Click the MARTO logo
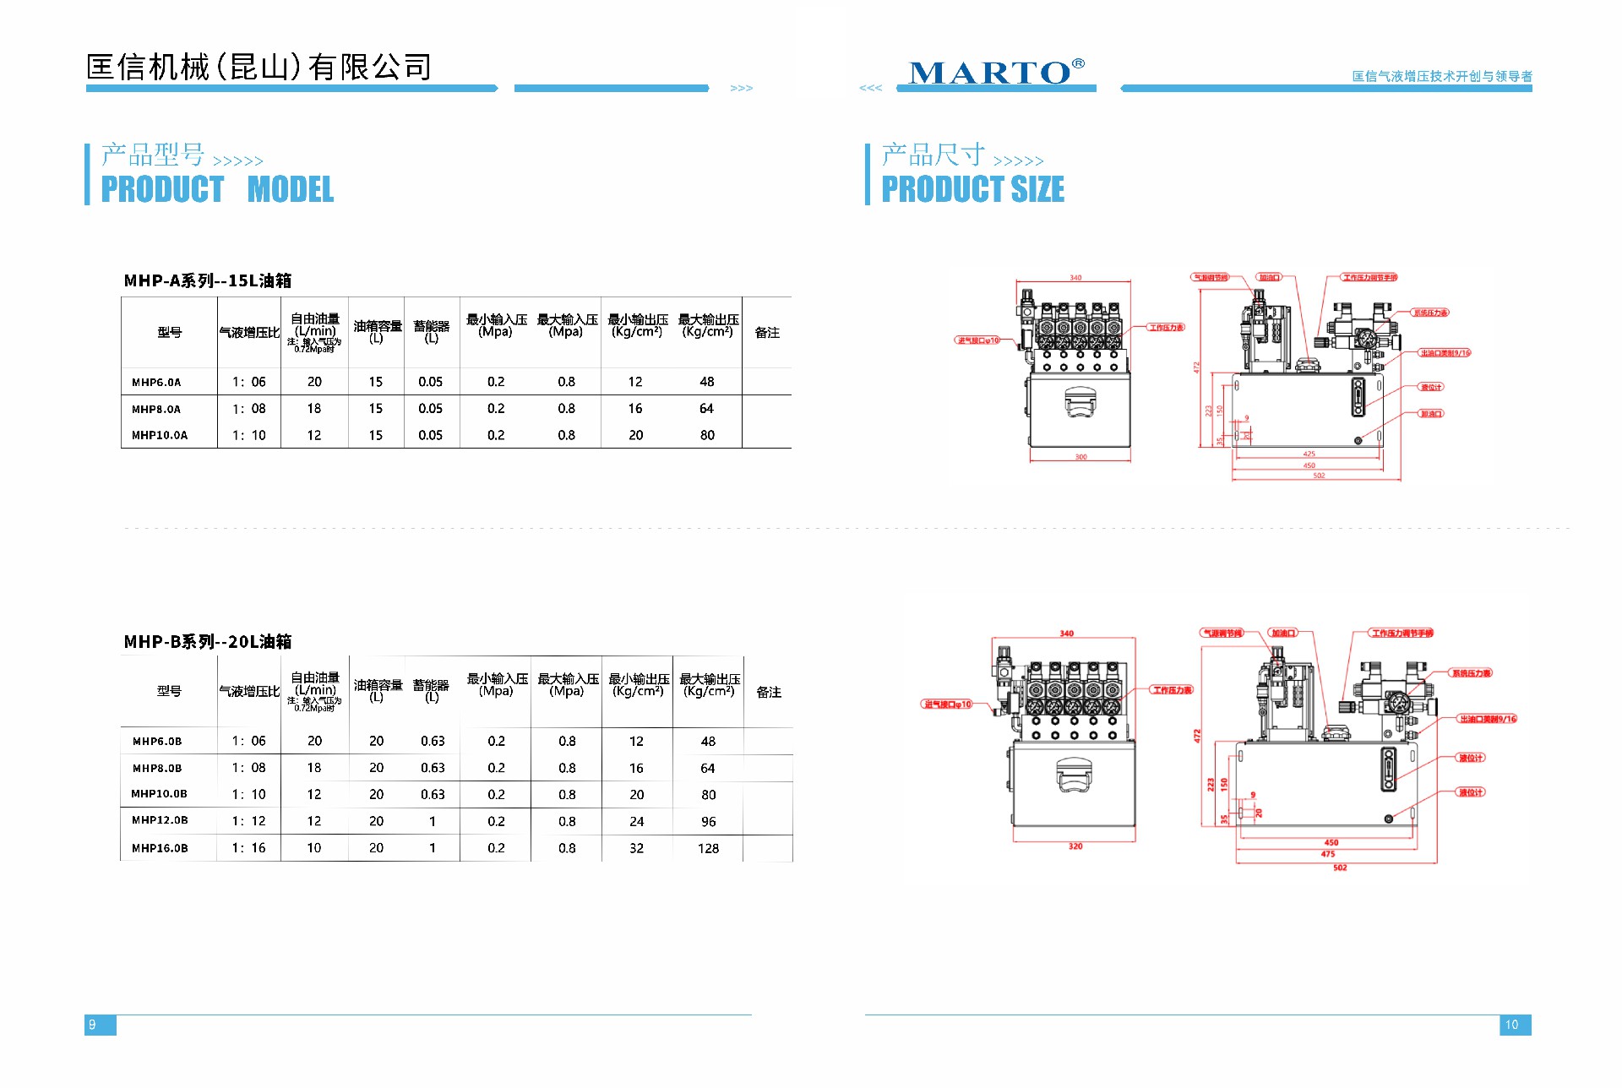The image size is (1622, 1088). click(x=995, y=73)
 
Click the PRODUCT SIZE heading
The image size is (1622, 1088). click(x=972, y=189)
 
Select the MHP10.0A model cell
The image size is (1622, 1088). click(x=160, y=435)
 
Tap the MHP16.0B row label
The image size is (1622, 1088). click(x=160, y=848)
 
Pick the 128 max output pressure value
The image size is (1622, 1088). click(x=708, y=848)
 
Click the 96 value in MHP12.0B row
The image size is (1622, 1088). click(x=708, y=821)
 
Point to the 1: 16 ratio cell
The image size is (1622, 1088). click(x=249, y=848)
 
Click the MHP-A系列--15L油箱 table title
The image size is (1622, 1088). click(x=208, y=280)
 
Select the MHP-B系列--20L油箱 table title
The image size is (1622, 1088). click(x=208, y=642)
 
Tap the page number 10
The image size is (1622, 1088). click(x=1511, y=1025)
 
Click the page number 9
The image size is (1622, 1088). click(x=93, y=1025)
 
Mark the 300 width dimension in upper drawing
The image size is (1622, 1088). click(x=1080, y=457)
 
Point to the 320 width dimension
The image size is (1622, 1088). click(x=1075, y=846)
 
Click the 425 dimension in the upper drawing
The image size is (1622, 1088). click(x=1309, y=454)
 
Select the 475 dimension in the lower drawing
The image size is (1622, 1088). click(x=1328, y=854)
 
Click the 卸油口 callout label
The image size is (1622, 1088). click(x=1431, y=414)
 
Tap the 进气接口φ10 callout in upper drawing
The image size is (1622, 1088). click(x=978, y=340)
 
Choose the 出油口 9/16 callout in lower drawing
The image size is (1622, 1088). click(x=1488, y=719)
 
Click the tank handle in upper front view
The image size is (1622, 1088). click(x=1080, y=402)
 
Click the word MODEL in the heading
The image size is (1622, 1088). click(x=291, y=189)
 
